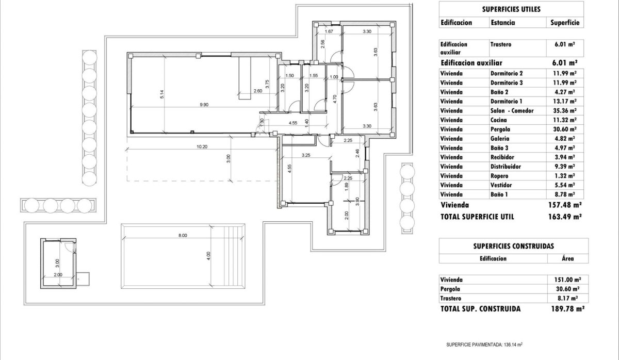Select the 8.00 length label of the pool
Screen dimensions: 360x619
pos(183,235)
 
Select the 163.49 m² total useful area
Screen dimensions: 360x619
pos(565,217)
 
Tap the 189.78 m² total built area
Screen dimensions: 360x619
pos(565,309)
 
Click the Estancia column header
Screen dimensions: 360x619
pos(503,23)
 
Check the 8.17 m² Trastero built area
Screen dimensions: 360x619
pos(566,298)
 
